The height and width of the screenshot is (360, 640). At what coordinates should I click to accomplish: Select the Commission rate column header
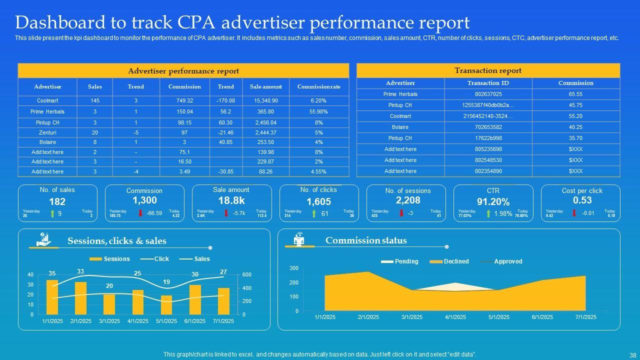coord(318,86)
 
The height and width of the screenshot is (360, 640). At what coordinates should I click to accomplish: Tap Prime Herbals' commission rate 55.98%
coord(318,111)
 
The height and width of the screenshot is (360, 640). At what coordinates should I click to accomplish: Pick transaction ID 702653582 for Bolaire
coord(488,127)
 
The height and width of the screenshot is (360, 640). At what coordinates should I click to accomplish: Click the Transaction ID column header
coord(488,83)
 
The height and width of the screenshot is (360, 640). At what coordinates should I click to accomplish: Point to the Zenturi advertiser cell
coord(47,132)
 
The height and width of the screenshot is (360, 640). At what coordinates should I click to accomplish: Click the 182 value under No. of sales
coord(57,202)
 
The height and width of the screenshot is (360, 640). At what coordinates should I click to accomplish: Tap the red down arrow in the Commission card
coord(140,213)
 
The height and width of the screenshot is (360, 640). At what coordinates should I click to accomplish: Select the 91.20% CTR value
coord(493,202)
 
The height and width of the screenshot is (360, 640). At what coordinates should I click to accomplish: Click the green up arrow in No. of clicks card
coord(313,214)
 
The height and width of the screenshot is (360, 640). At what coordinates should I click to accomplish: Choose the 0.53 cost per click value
coord(582,200)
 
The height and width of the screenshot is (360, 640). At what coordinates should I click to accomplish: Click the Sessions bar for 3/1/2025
coord(109,304)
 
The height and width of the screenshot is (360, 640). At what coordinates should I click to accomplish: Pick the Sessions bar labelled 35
coord(52,297)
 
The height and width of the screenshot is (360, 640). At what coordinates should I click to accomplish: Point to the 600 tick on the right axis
coord(247,275)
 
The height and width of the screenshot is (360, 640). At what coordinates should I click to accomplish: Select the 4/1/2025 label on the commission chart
coord(455,317)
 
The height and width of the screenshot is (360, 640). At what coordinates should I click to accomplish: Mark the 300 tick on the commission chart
coord(293,268)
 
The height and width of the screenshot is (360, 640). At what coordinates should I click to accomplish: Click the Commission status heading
coord(366,240)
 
